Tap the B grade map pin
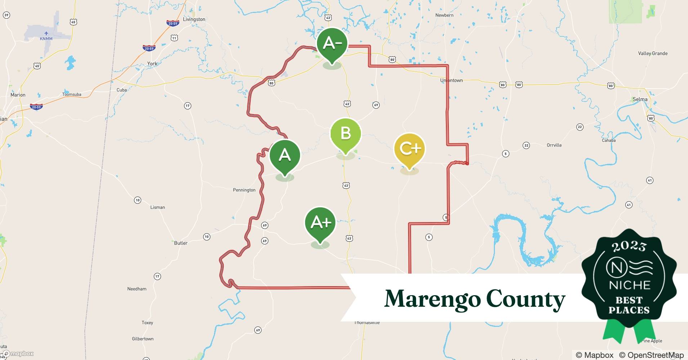point(345,134)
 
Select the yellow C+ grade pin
point(410,148)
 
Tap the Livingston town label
point(194,19)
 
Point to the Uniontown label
point(451,80)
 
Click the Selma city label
point(640,99)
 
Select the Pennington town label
point(244,190)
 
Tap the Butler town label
point(180,243)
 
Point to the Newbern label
point(444,15)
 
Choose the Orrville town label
point(554,145)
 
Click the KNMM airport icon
point(46,33)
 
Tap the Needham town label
point(137,289)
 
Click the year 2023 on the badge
point(629,246)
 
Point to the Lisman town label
point(157,207)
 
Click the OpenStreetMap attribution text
point(651,355)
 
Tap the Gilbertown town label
point(143,339)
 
